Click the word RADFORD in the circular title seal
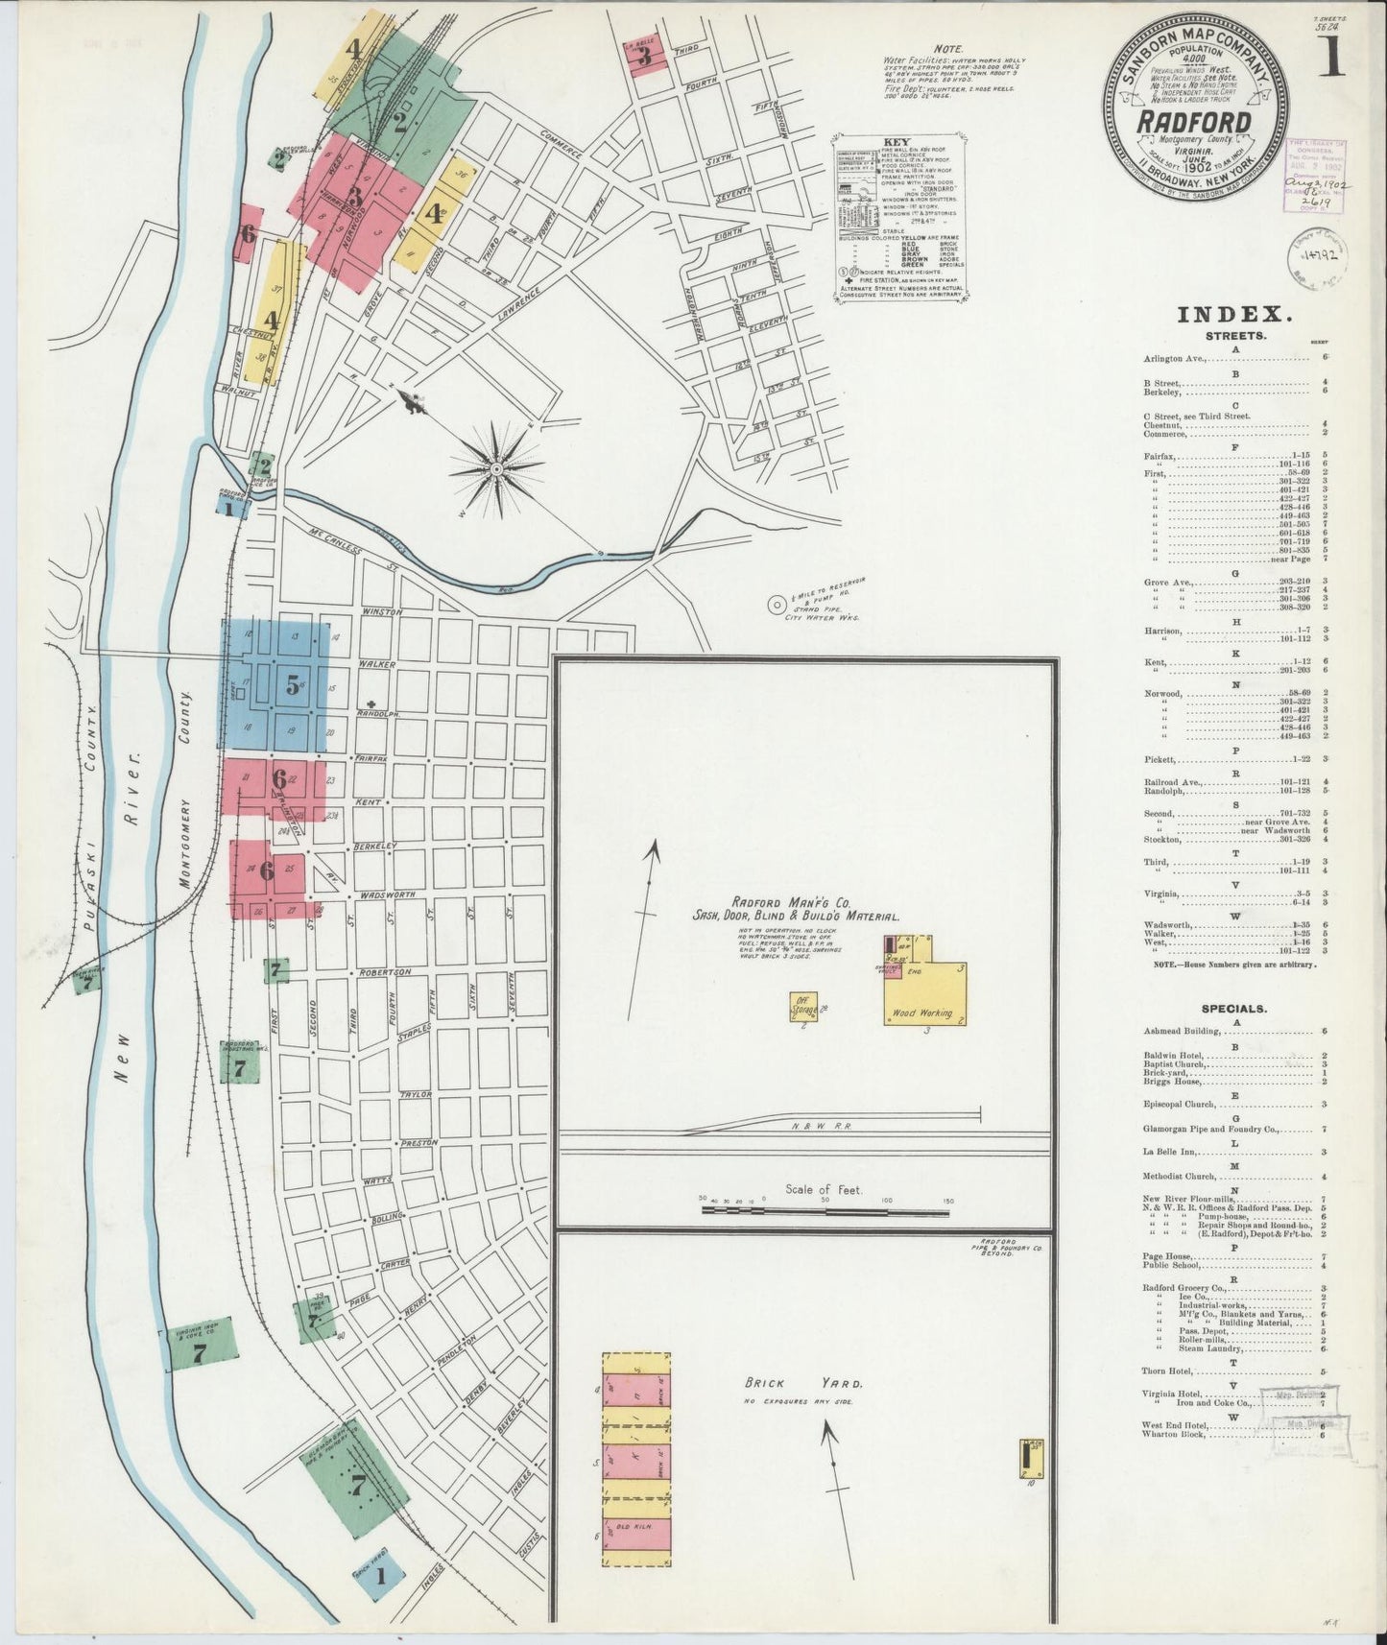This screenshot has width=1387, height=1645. click(x=1194, y=123)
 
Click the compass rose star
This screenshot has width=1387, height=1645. click(x=497, y=467)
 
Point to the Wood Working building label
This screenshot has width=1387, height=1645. click(x=921, y=1013)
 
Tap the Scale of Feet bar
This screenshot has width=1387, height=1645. click(x=825, y=1211)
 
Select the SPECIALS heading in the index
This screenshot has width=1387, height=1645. click(x=1232, y=1009)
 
